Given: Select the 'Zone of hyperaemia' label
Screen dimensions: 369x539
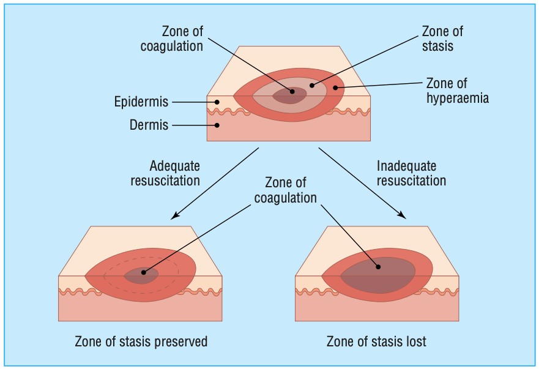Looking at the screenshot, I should point(457,90).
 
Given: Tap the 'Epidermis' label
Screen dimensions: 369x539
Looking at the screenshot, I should point(141,102).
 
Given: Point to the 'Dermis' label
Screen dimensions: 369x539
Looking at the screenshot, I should point(149,125).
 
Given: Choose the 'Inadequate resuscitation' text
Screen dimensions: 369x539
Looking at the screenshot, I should point(411,173).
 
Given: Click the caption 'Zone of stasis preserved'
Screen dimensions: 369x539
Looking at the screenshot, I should point(141,341).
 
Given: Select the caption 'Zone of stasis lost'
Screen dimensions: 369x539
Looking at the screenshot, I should point(376,341).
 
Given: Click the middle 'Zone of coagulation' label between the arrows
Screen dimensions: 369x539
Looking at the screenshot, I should point(286,190).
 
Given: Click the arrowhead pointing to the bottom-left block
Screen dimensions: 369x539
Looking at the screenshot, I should point(174,215).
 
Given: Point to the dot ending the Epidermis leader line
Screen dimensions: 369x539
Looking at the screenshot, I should point(217,102).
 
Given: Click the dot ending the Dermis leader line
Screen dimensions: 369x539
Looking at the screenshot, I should point(217,125).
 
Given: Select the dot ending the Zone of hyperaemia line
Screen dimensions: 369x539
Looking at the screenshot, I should point(335,88).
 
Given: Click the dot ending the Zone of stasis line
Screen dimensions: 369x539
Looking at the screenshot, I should point(311,85).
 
